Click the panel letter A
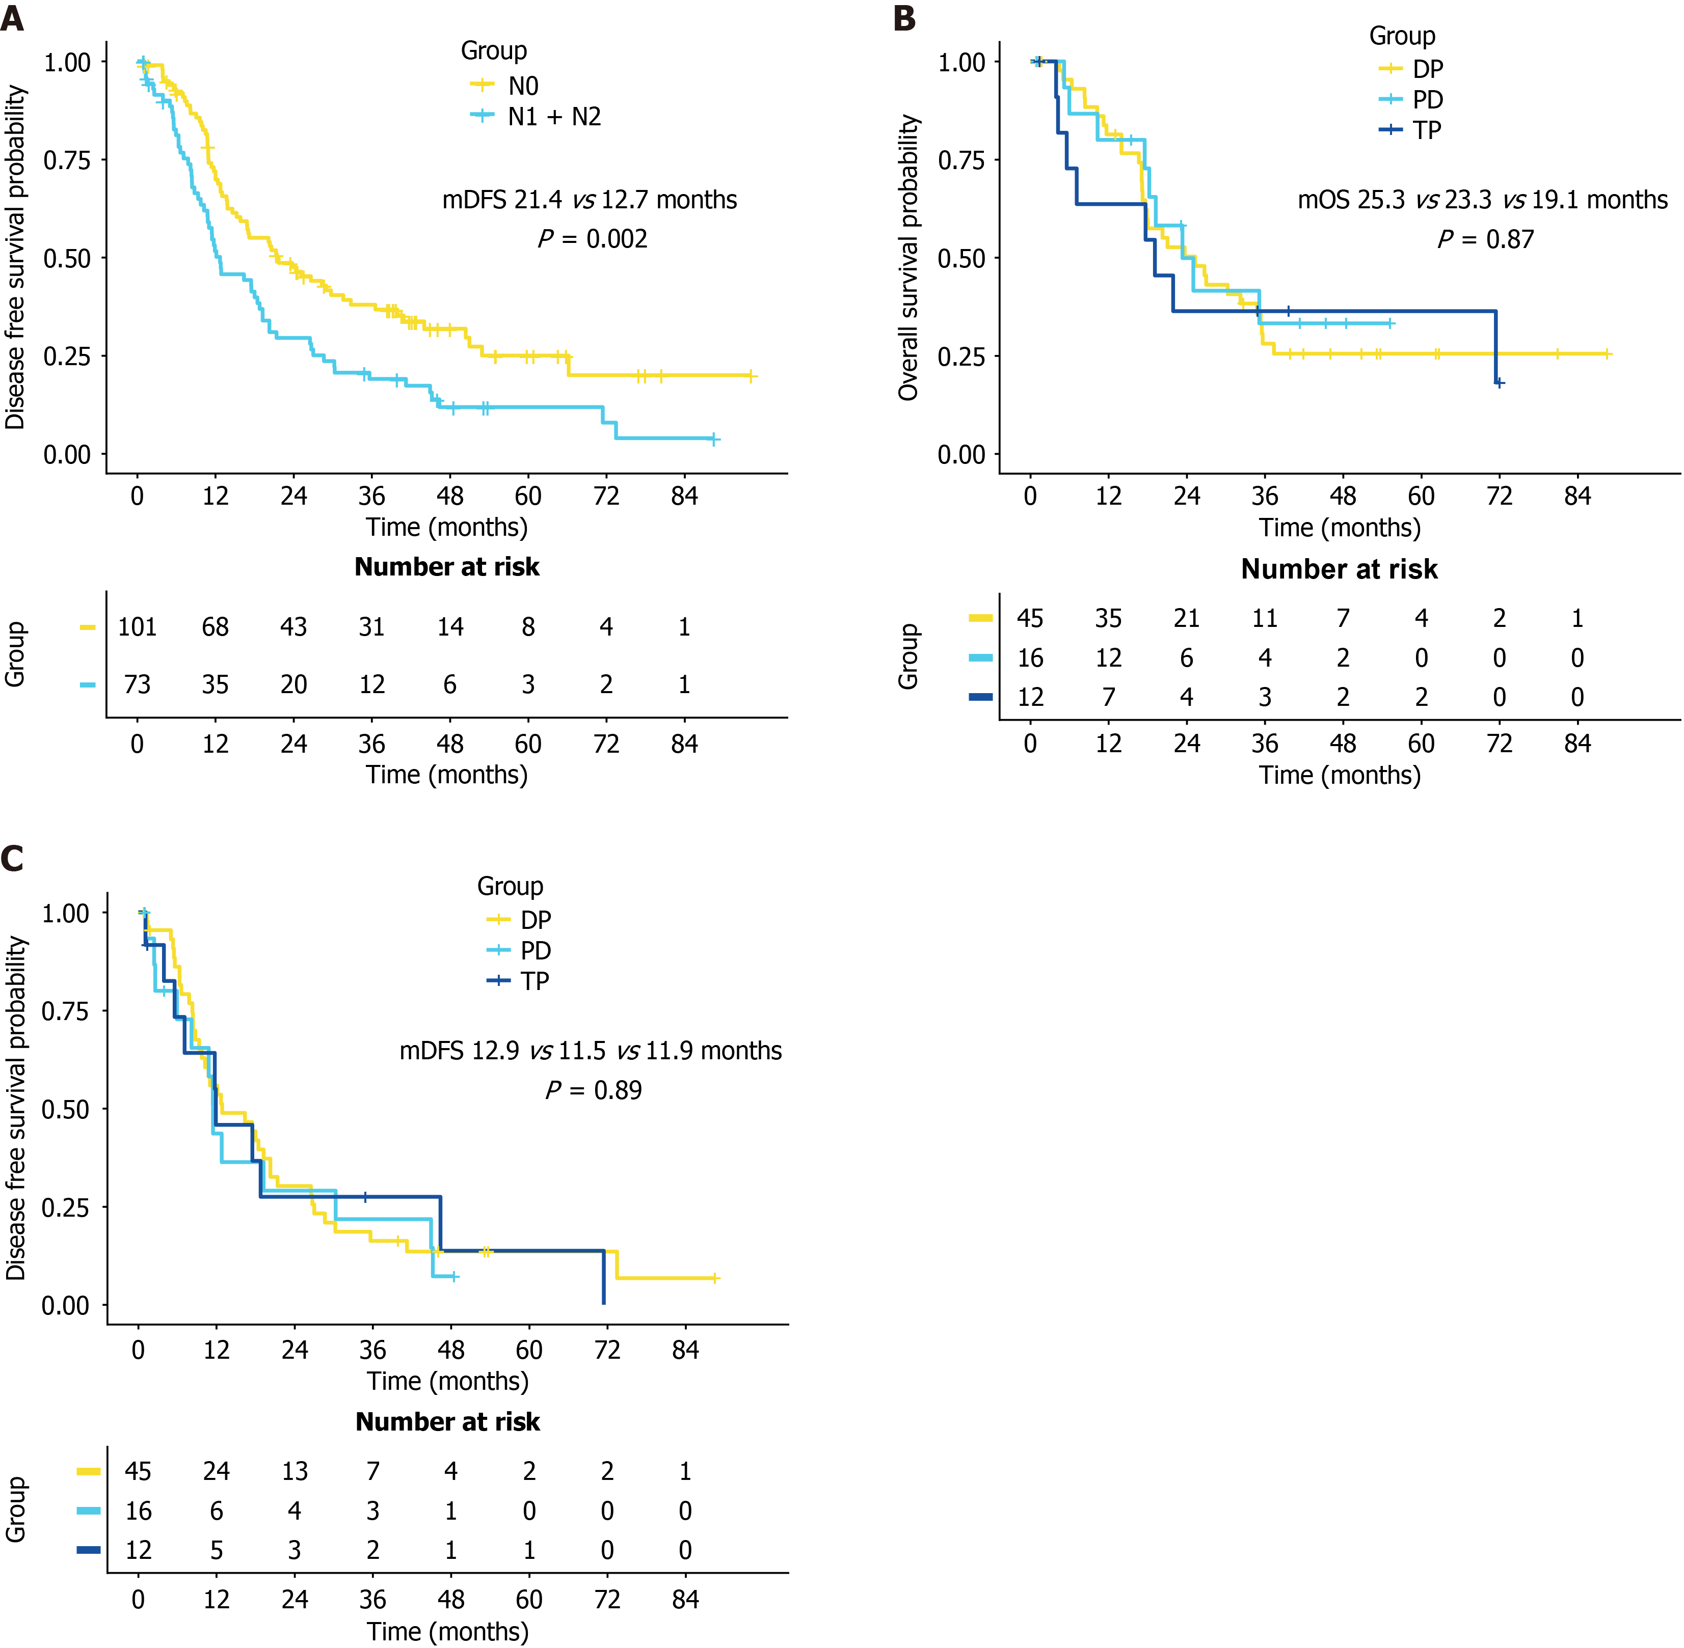tap(12, 17)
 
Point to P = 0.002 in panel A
tap(592, 238)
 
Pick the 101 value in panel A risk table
tap(137, 626)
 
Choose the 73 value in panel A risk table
tap(137, 684)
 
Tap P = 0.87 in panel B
tap(1486, 239)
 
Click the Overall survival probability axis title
tap(907, 258)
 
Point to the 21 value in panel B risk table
tap(1186, 618)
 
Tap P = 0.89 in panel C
tap(593, 1090)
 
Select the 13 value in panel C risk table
tap(295, 1471)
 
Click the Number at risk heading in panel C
tap(448, 1421)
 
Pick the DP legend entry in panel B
tap(1411, 68)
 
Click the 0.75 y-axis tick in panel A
tap(67, 160)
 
